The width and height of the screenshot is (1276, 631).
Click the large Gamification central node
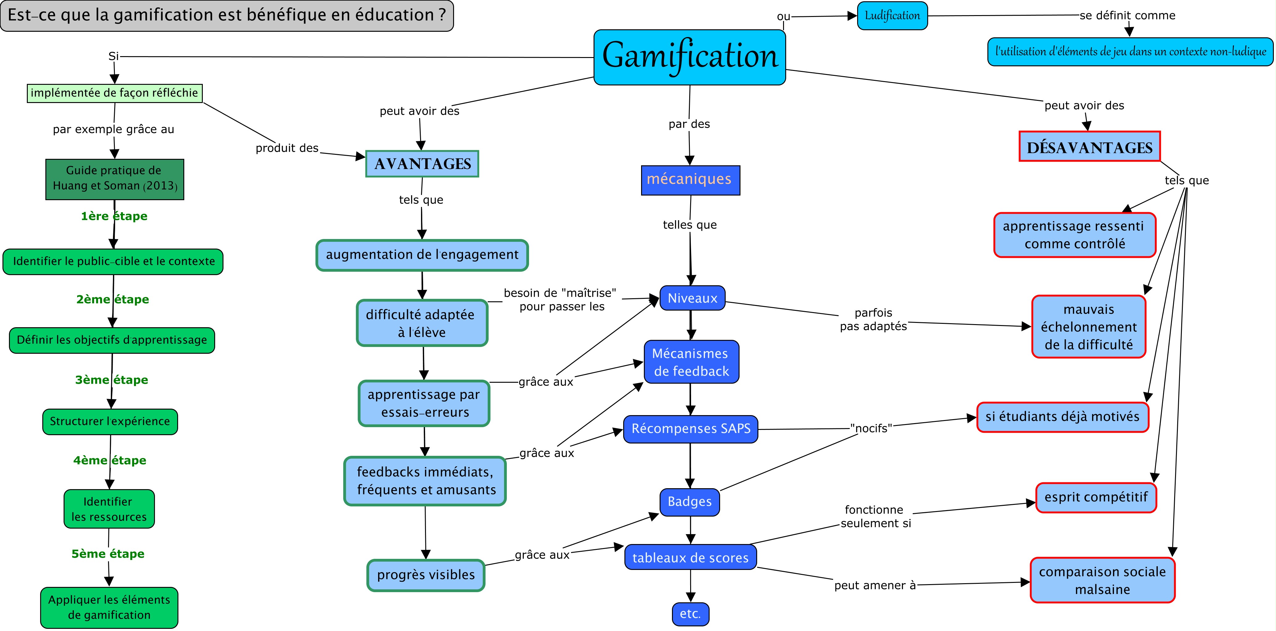690,57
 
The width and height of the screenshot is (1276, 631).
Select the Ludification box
892,16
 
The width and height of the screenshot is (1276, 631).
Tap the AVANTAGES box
422,164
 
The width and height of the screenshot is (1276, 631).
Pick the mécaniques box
690,180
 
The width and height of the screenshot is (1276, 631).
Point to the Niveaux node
692,298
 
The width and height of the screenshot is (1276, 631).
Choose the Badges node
690,502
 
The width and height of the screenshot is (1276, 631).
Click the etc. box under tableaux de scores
690,614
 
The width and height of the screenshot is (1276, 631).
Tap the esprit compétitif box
1096,497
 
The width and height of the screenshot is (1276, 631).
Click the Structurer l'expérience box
110,422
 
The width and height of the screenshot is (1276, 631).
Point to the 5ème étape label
108,554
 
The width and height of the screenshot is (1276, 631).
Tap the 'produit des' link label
287,148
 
